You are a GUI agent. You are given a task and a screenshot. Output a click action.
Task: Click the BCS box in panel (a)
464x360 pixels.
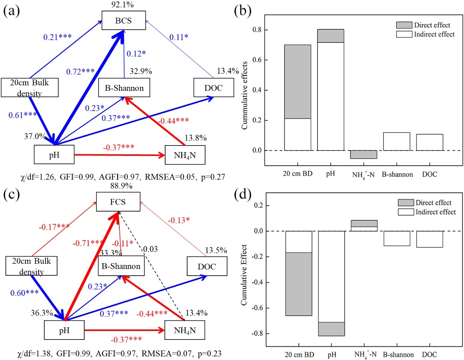click(x=124, y=21)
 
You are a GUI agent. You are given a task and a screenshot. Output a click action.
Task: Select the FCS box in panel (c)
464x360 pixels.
click(x=118, y=202)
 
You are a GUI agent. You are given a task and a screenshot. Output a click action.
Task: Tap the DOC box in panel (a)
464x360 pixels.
click(x=214, y=88)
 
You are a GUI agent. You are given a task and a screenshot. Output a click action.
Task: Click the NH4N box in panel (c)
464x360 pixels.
click(x=185, y=330)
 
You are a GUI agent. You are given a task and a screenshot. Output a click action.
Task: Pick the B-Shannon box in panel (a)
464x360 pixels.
click(x=124, y=88)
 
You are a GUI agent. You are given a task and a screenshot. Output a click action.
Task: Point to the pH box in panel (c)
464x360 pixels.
click(x=64, y=330)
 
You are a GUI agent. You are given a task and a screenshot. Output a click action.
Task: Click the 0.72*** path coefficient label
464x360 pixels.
click(x=80, y=72)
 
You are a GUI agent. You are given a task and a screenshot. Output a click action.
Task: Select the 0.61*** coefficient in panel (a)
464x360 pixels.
click(x=23, y=115)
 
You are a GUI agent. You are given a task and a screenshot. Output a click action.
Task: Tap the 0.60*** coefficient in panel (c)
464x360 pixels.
click(x=25, y=293)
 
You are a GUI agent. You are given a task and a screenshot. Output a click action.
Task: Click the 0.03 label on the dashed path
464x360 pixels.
click(x=150, y=249)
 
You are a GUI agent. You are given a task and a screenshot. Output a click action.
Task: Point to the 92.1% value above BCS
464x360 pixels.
click(x=122, y=5)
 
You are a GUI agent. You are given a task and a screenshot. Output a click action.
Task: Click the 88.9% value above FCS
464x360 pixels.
click(x=121, y=186)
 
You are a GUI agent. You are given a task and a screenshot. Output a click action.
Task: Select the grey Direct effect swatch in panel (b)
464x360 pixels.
click(x=404, y=25)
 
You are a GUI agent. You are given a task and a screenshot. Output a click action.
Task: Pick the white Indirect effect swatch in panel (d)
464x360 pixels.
click(x=406, y=212)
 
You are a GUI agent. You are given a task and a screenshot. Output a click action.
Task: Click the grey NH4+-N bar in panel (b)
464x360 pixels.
click(x=363, y=154)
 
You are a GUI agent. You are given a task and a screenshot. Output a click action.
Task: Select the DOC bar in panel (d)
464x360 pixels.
click(x=429, y=239)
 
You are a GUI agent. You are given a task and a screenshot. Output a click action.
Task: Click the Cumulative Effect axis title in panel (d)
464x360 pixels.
click(x=244, y=275)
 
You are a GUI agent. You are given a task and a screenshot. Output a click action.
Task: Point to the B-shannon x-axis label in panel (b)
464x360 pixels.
click(x=397, y=175)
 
